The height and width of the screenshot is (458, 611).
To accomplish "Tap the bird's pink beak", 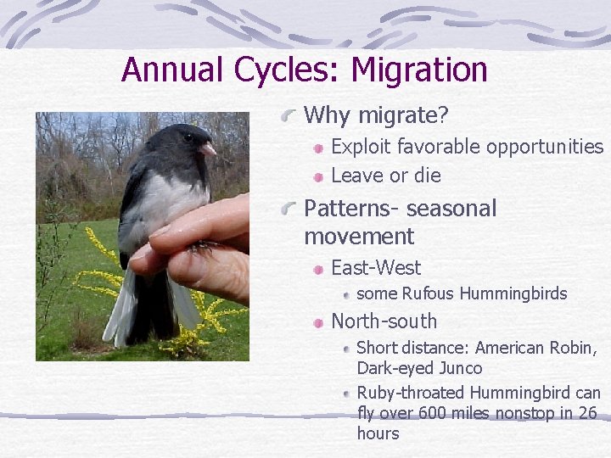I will pyautogui.click(x=208, y=149).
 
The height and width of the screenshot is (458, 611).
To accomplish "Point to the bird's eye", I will pyautogui.click(x=188, y=137).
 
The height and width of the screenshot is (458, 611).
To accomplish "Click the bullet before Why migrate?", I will pyautogui.click(x=291, y=114).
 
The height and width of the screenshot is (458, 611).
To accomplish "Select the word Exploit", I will pyautogui.click(x=358, y=147).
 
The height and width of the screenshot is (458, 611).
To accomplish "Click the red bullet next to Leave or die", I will pyautogui.click(x=317, y=176).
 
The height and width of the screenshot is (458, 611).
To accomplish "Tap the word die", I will pyautogui.click(x=427, y=176).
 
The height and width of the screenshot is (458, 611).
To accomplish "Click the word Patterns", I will pyautogui.click(x=345, y=209).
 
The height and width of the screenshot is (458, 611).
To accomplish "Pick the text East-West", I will pyautogui.click(x=375, y=268).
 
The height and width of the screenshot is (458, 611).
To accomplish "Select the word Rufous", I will pyautogui.click(x=429, y=294).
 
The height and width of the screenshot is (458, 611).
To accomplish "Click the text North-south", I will pyautogui.click(x=384, y=321).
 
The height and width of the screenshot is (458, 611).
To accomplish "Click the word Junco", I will pyautogui.click(x=462, y=368).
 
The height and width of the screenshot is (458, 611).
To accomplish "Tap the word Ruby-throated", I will pyautogui.click(x=411, y=393).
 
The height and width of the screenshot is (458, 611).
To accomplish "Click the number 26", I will pyautogui.click(x=587, y=413).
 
